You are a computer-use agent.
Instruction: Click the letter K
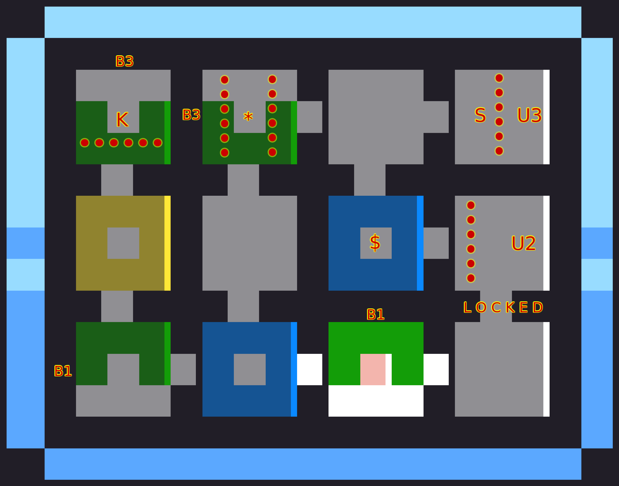click(x=122, y=120)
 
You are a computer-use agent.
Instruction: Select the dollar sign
click(x=375, y=243)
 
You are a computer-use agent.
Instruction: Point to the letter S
click(x=480, y=116)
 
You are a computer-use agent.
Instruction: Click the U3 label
click(x=529, y=116)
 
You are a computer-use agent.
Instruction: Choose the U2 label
click(x=523, y=244)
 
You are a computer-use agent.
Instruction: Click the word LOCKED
click(x=503, y=308)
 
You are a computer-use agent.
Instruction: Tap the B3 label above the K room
click(x=124, y=61)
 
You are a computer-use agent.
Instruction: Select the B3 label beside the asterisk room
click(x=191, y=115)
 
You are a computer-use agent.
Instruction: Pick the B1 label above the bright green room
click(x=375, y=315)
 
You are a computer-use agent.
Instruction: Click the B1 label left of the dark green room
click(x=63, y=371)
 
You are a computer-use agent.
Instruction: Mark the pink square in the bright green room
click(x=373, y=369)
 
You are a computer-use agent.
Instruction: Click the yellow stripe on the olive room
click(x=168, y=243)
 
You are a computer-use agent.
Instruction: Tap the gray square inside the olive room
click(x=123, y=243)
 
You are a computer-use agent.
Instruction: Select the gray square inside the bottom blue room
click(x=250, y=369)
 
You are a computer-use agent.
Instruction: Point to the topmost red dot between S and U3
click(x=499, y=78)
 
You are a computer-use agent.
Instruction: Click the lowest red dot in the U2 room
click(x=471, y=278)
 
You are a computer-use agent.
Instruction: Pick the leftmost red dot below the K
click(x=84, y=143)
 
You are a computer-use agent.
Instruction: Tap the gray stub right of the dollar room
click(x=436, y=243)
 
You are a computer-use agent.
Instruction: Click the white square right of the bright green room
click(x=436, y=369)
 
